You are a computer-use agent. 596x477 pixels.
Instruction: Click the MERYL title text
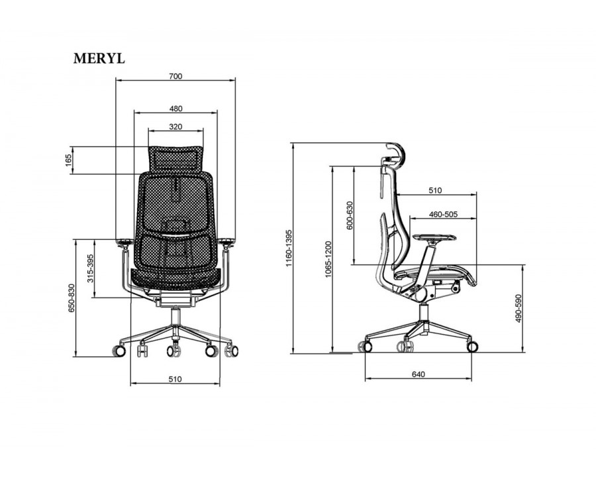click(x=99, y=58)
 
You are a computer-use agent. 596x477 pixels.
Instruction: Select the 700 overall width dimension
click(x=175, y=76)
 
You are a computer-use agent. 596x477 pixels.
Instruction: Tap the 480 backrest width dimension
click(x=175, y=109)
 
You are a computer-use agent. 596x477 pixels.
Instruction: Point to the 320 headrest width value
click(x=175, y=127)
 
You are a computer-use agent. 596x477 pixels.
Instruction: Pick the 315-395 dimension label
click(x=91, y=268)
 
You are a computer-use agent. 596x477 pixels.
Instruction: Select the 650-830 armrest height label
click(x=72, y=298)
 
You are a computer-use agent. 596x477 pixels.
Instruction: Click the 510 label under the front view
click(x=175, y=379)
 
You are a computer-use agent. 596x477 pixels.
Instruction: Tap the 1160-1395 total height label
click(x=289, y=248)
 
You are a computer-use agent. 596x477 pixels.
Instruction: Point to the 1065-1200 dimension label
click(x=328, y=259)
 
